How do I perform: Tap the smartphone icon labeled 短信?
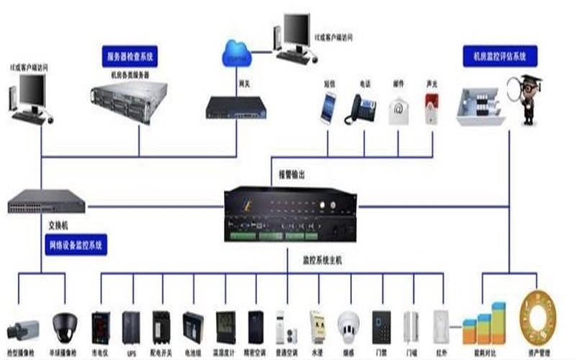pos(328,108)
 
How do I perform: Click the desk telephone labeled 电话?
pos(361,110)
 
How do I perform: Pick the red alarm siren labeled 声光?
pos(431,108)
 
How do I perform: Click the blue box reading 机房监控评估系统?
pos(499,55)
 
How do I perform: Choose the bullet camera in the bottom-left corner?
pos(20,330)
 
